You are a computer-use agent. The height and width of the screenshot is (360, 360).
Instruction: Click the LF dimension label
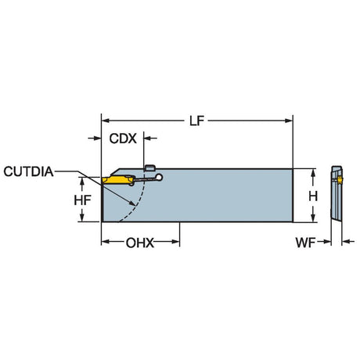pos(196,121)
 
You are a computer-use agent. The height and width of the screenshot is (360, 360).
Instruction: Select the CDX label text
pos(123,139)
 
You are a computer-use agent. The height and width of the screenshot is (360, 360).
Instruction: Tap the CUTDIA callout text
pos(28,171)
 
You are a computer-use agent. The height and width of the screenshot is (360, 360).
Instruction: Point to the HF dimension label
pos(82,200)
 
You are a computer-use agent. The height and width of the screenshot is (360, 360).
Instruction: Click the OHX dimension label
pos(140,243)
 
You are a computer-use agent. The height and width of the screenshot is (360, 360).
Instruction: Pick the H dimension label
pos(313,196)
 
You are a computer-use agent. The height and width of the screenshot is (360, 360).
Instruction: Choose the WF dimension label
pos(305,243)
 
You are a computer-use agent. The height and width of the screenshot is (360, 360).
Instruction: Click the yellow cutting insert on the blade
pos(117,180)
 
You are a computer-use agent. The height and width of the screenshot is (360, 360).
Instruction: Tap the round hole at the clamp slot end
pos(159,178)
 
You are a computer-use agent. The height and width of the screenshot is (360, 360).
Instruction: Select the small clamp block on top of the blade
pos(150,167)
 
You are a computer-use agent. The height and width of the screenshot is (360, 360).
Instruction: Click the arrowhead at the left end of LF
pos(105,121)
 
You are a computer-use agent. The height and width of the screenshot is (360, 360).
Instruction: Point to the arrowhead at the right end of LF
pos(289,121)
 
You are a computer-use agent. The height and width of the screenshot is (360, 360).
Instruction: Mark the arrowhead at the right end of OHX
pos(176,242)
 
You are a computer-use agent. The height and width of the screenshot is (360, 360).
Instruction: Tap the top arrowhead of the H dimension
pos(313,172)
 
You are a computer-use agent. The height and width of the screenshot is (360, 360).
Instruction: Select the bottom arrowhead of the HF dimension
pos(82,218)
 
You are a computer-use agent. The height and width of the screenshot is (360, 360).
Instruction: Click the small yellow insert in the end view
pos(340,179)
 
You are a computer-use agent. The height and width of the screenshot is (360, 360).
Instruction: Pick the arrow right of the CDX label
pos(150,138)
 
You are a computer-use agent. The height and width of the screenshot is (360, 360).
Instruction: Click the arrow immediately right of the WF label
pos(324,242)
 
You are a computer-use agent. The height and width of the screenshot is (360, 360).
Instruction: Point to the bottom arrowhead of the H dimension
pos(313,218)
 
